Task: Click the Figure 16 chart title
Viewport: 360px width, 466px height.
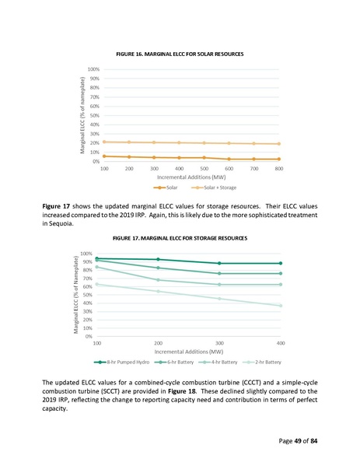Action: point(180,54)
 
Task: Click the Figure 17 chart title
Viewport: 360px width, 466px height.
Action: point(180,237)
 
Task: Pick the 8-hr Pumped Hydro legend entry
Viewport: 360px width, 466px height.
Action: point(118,362)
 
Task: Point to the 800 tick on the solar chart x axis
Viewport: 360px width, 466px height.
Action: point(279,168)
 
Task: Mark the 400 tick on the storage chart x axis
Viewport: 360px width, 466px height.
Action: point(280,343)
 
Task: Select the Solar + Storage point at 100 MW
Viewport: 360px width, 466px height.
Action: point(104,142)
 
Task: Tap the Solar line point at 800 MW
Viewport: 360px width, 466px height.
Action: point(279,159)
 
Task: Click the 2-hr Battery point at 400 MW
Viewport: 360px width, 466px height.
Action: point(280,306)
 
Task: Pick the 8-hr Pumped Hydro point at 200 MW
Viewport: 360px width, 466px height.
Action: point(158,260)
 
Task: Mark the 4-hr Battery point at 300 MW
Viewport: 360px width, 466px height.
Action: point(219,285)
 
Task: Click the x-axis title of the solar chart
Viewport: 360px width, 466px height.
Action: point(190,177)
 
